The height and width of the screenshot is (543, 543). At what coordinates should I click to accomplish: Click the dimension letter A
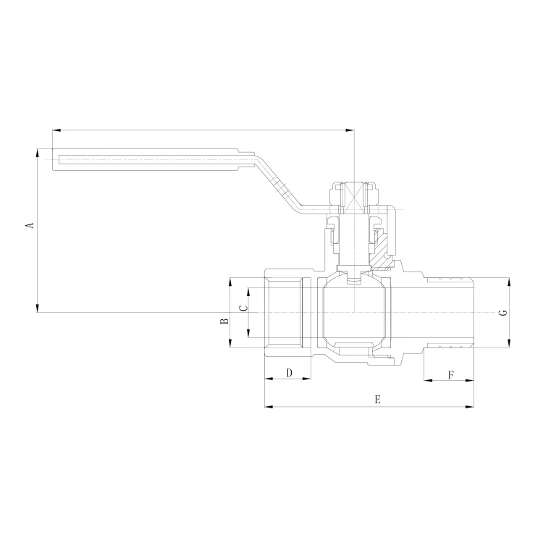click(x=31, y=225)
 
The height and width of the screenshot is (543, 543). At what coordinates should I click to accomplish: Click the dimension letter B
click(x=224, y=321)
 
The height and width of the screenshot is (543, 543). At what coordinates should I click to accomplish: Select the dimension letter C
click(x=244, y=308)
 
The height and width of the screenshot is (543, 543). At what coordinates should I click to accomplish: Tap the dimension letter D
click(x=290, y=373)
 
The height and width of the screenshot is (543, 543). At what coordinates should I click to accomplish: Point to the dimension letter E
click(x=377, y=400)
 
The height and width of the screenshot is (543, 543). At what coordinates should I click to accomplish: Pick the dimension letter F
click(x=451, y=375)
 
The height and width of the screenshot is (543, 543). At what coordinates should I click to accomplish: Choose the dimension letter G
click(x=503, y=312)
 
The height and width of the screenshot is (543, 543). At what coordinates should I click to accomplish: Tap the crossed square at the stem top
click(x=354, y=198)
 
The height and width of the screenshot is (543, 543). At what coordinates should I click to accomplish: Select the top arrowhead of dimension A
click(x=38, y=153)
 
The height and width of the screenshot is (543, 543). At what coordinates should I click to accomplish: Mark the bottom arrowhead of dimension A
click(x=38, y=308)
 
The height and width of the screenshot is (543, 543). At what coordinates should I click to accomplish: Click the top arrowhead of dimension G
click(x=508, y=282)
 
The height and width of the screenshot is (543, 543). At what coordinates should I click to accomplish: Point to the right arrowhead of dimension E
click(x=470, y=407)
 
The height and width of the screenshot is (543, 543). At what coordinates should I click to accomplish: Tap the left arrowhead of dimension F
click(x=428, y=381)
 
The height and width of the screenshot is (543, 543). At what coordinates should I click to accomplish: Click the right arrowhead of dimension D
click(x=306, y=379)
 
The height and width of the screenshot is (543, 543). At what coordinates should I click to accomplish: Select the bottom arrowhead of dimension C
click(x=248, y=334)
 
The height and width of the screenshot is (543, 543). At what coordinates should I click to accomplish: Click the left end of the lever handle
click(x=53, y=160)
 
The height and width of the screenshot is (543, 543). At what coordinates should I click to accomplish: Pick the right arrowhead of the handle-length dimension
click(x=350, y=130)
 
